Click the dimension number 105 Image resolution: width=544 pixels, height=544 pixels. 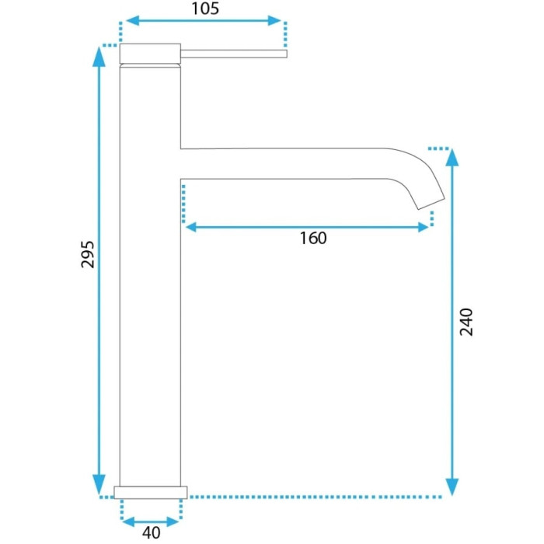tap(205, 9)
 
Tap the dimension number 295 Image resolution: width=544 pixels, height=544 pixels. tap(87, 254)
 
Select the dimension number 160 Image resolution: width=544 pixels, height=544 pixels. tap(313, 239)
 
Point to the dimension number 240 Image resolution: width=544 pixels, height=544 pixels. tap(466, 322)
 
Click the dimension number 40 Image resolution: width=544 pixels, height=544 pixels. tap(152, 533)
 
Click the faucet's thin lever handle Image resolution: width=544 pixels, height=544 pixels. tap(234, 54)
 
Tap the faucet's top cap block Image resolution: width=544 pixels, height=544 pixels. tap(150, 54)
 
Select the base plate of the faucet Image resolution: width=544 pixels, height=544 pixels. tap(151, 493)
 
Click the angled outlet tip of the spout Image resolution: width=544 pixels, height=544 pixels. tap(431, 204)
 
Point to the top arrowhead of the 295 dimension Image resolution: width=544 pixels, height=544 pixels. tap(99, 55)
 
